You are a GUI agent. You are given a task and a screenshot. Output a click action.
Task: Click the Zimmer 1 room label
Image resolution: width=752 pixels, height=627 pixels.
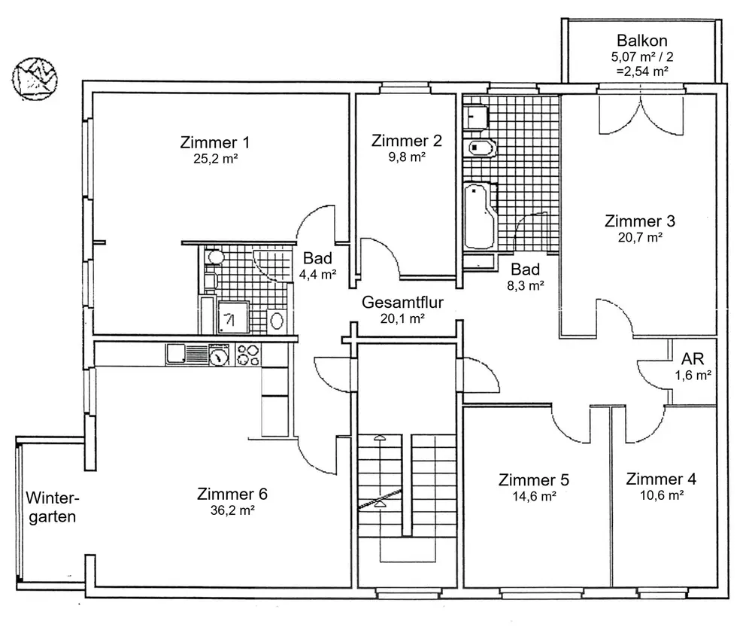215,142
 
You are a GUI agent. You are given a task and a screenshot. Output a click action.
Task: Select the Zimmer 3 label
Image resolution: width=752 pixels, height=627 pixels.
640,221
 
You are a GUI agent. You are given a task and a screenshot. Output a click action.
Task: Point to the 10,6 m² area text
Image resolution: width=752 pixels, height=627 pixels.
661,495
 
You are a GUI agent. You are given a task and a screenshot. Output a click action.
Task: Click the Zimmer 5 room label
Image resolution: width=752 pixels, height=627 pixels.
534,480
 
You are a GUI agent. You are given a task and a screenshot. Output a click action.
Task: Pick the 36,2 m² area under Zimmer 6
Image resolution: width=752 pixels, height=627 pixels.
232,510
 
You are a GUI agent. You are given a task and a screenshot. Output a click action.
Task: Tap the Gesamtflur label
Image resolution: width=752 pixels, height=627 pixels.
402,303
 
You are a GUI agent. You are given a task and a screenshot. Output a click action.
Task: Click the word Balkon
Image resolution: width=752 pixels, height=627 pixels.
642,41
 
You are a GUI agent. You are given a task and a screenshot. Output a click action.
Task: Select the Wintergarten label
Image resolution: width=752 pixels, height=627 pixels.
53,507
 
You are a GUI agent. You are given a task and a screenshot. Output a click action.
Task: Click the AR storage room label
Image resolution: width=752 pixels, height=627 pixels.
693,358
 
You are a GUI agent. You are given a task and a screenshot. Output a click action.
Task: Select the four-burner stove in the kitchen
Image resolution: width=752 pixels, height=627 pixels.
247,355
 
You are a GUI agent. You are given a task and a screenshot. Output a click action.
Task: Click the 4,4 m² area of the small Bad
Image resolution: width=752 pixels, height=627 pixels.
317,275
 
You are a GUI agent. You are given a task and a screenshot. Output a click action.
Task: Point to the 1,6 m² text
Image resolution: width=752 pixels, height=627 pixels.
693,374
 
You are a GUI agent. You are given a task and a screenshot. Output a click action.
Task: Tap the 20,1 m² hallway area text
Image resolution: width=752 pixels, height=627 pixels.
403,318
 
